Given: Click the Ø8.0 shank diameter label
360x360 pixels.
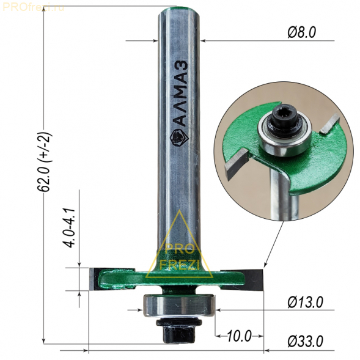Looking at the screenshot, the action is click(301, 32).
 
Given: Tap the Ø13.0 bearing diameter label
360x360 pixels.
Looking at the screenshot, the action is click(305, 302).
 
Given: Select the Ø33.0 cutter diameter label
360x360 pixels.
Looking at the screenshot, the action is click(305, 341).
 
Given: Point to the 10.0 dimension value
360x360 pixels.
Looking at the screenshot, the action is click(239, 336).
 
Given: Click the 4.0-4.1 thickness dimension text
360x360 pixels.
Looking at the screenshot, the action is click(69, 228).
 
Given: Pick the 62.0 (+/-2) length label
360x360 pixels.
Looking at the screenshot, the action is click(44, 161).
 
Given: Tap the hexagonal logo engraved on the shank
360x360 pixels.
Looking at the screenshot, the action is click(179, 138).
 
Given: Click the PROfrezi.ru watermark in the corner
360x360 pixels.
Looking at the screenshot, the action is click(33, 8).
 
